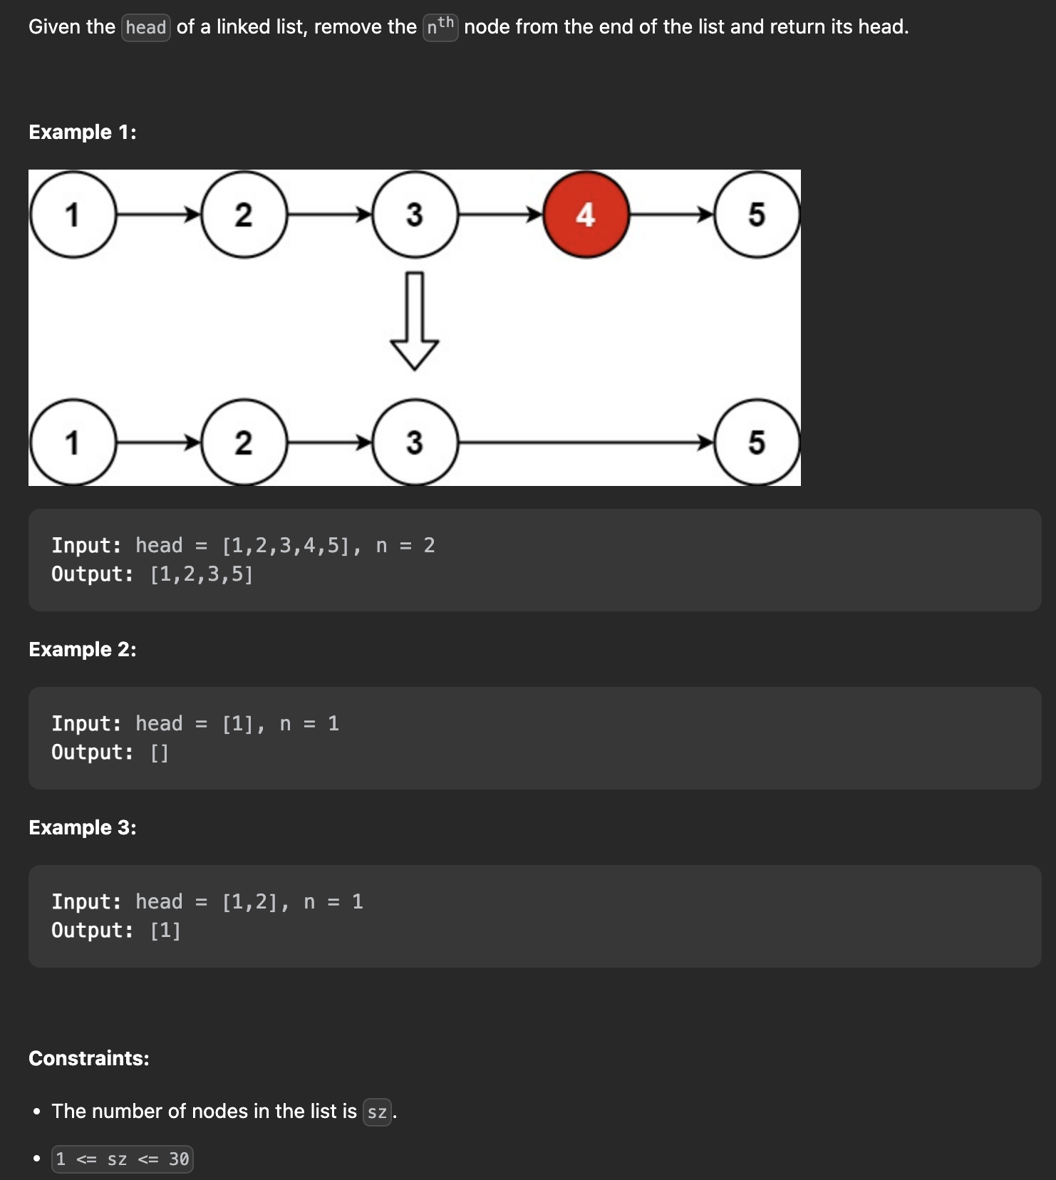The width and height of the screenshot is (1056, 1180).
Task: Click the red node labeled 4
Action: pos(586,214)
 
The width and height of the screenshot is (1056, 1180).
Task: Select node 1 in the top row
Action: pos(72,214)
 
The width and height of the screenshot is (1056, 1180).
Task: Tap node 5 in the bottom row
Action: pos(757,442)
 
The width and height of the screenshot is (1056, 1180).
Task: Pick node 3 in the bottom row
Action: pos(415,442)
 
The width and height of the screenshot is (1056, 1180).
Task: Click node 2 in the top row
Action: pos(244,214)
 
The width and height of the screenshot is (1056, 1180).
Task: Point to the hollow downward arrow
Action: pos(415,321)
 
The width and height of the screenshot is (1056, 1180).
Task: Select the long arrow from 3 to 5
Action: pos(584,442)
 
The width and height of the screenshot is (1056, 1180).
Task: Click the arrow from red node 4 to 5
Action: pos(671,214)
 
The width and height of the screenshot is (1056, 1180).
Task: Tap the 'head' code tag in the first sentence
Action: pos(146,28)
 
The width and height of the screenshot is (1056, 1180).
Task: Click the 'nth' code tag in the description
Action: pos(440,27)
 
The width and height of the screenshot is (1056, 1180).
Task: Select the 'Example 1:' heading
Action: pos(83,132)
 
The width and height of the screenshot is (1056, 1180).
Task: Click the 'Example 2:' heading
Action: pos(83,649)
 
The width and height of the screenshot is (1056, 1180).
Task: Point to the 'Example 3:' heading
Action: pos(83,827)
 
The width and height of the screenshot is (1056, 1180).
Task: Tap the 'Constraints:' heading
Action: pos(89,1058)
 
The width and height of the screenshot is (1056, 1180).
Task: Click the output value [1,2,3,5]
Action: pos(202,574)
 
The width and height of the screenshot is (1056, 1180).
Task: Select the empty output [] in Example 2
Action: pos(160,752)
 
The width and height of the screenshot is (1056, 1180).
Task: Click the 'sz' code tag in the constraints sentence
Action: pos(377,1112)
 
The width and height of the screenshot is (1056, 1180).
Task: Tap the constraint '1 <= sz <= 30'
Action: pos(123,1159)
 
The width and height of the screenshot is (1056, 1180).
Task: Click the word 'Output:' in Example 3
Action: pos(92,931)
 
